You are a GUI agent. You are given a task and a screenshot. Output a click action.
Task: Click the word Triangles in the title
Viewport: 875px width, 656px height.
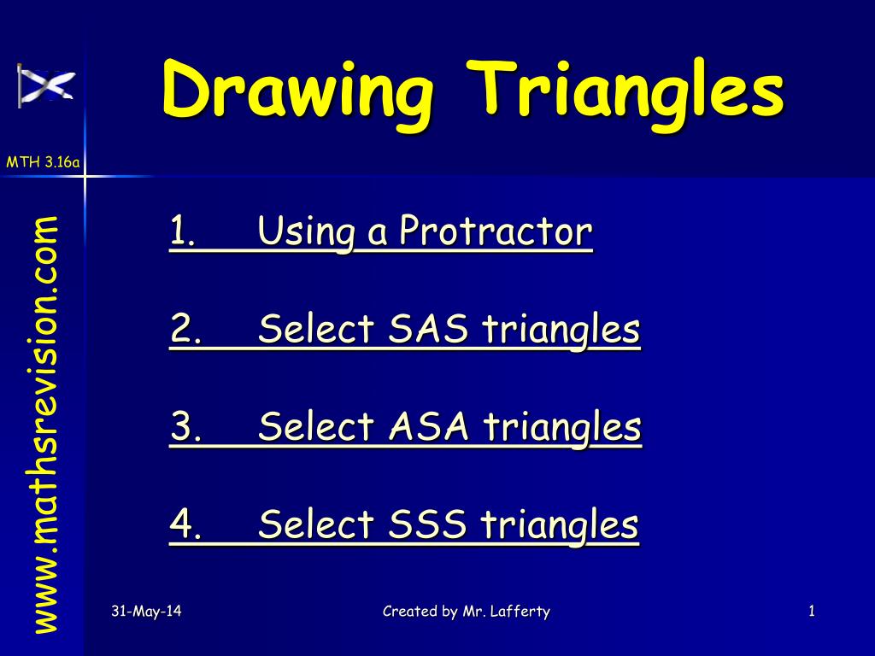(630, 90)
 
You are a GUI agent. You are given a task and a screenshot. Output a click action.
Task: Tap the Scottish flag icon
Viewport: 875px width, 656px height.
(46, 85)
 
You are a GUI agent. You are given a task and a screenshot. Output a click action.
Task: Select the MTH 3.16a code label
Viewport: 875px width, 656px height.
(43, 162)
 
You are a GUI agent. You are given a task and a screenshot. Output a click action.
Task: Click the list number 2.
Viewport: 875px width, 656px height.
(181, 329)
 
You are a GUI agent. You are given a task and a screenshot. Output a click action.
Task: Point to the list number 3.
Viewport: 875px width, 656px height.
(181, 426)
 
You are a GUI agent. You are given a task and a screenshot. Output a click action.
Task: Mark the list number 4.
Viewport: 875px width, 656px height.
(181, 524)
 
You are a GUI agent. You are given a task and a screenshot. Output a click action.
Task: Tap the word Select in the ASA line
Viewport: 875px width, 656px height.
(317, 426)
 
